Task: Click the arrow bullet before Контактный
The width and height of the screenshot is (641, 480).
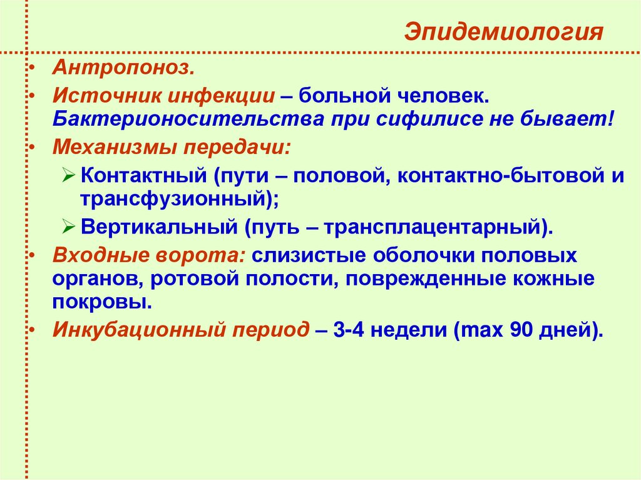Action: tap(69, 175)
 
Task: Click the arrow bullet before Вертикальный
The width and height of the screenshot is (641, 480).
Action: tap(69, 226)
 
